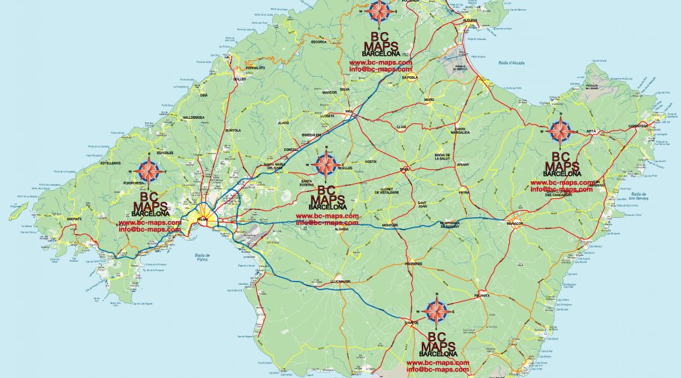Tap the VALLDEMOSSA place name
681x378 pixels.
pyautogui.click(x=176, y=117)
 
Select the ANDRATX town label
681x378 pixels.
pyautogui.click(x=73, y=219)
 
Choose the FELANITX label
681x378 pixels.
pyautogui.click(x=482, y=295)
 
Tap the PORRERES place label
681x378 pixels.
pyautogui.click(x=413, y=264)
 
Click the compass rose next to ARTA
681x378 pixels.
pyautogui.click(x=560, y=131)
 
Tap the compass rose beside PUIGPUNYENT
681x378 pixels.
pyautogui.click(x=152, y=171)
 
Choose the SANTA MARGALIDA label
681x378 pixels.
pyautogui.click(x=461, y=131)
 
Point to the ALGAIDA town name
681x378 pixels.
pyautogui.click(x=341, y=230)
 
